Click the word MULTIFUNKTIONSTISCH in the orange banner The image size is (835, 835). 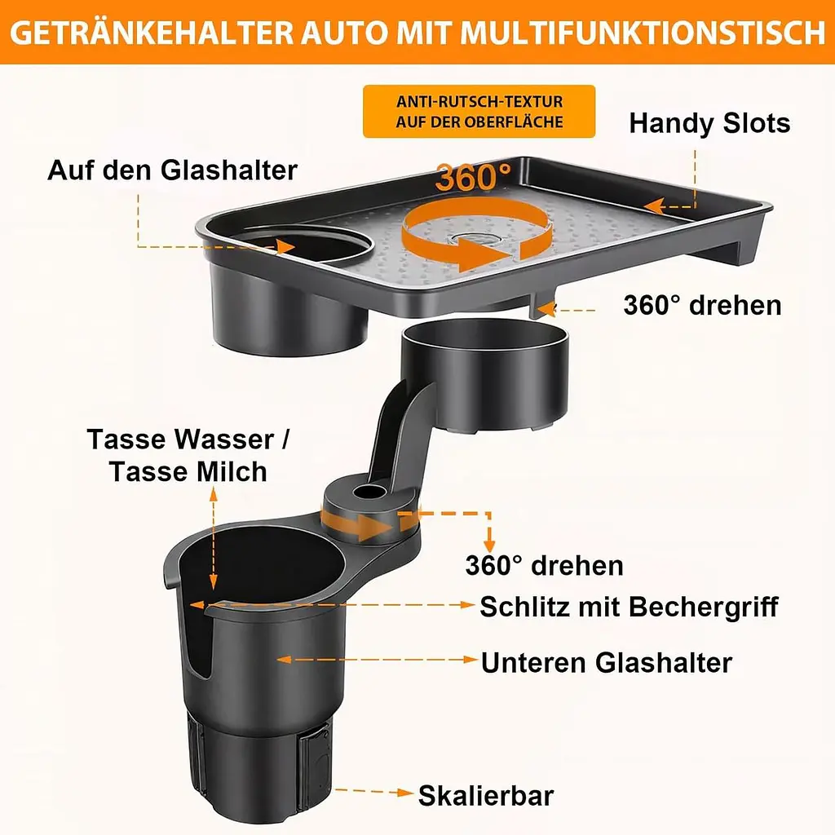click(643, 33)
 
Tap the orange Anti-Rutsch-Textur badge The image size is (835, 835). click(479, 111)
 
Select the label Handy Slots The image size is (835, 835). click(709, 123)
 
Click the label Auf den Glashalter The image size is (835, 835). click(172, 170)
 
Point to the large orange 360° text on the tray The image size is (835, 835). click(472, 177)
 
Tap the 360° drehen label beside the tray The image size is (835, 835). click(702, 306)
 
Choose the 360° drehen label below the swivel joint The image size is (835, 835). click(544, 565)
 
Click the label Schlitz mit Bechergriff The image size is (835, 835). click(629, 607)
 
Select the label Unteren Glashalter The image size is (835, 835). click(607, 663)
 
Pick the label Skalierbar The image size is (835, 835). click(486, 796)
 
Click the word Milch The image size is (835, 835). click(232, 472)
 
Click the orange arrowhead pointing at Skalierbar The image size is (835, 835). click(406, 793)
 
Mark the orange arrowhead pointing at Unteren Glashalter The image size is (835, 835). click(471, 660)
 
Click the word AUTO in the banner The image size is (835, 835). click(343, 33)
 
